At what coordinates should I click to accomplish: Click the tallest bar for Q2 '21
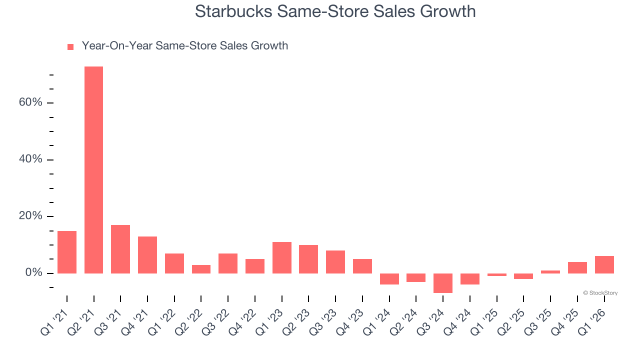[x=93, y=170]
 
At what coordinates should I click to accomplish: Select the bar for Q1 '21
[x=67, y=252]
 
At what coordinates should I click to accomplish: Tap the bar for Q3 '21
[x=120, y=249]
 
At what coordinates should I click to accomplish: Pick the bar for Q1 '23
[x=281, y=257]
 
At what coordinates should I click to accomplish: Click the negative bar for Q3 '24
[x=443, y=283]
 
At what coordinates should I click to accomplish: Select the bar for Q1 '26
[x=604, y=264]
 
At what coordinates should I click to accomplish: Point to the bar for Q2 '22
[x=201, y=269]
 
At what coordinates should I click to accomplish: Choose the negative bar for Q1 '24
[x=389, y=279]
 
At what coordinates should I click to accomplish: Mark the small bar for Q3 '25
[x=550, y=272]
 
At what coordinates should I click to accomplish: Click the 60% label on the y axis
[x=31, y=102]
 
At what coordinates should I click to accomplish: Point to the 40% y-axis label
[x=31, y=159]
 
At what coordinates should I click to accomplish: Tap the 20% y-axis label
[x=31, y=216]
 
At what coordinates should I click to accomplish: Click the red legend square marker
[x=70, y=47]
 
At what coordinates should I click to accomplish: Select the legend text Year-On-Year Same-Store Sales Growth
[x=184, y=46]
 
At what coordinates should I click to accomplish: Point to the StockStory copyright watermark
[x=600, y=293]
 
